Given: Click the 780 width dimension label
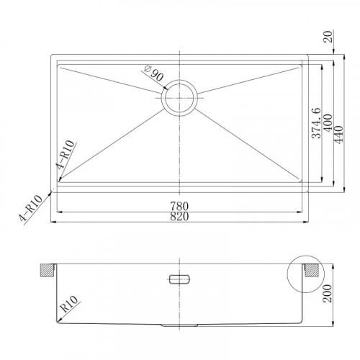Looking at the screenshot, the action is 179,206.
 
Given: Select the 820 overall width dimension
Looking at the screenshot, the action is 179,217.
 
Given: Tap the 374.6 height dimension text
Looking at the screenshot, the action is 316,123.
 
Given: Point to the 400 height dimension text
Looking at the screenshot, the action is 328,122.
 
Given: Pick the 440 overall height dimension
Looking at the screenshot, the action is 339,135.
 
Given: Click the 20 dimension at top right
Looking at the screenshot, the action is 328,37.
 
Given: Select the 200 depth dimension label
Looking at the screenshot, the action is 328,293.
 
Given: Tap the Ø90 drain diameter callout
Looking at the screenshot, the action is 154,73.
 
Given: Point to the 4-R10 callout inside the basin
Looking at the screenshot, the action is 65,154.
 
